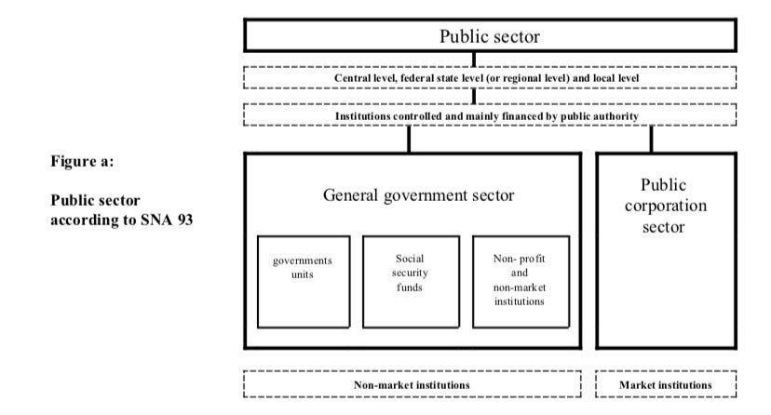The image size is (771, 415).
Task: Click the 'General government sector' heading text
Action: point(418,195)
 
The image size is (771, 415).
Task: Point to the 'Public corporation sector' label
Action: point(665,206)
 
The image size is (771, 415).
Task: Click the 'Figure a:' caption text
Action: point(82,161)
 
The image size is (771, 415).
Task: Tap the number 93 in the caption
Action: point(185,220)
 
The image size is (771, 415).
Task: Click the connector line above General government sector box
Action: point(409,139)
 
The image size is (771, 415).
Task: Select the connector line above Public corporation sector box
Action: point(652,139)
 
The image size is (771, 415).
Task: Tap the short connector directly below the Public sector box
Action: point(474,59)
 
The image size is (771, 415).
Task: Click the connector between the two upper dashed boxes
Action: point(474,96)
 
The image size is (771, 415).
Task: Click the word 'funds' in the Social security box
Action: point(410,288)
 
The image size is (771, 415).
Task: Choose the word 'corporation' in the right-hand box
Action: point(665,206)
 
